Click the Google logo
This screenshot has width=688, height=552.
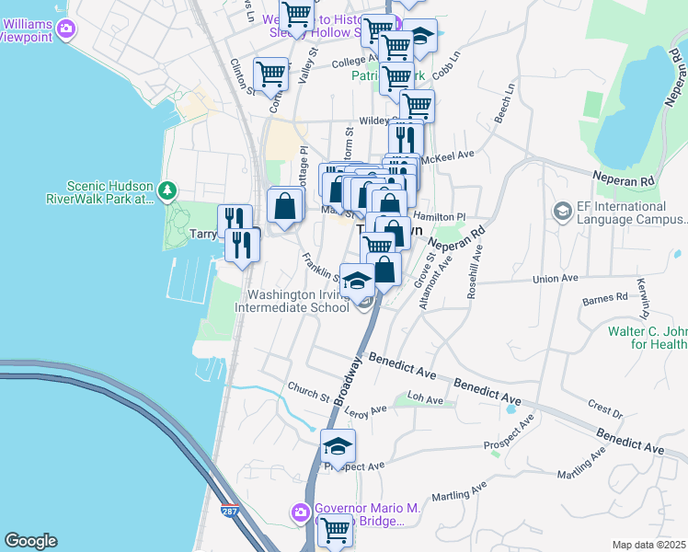pyautogui.click(x=30, y=541)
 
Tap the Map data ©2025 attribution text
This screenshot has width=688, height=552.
pyautogui.click(x=649, y=545)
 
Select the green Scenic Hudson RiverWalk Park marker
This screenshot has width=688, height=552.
pyautogui.click(x=166, y=190)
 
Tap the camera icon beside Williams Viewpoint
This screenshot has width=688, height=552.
pyautogui.click(x=66, y=29)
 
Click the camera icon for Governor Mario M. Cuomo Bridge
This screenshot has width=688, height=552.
pyautogui.click(x=300, y=512)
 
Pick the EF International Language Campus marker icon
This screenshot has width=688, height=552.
pyautogui.click(x=561, y=212)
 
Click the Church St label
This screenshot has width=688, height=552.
pyautogui.click(x=307, y=397)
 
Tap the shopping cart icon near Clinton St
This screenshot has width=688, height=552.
pyautogui.click(x=270, y=74)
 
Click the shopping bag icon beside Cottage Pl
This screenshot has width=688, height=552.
pyautogui.click(x=285, y=205)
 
